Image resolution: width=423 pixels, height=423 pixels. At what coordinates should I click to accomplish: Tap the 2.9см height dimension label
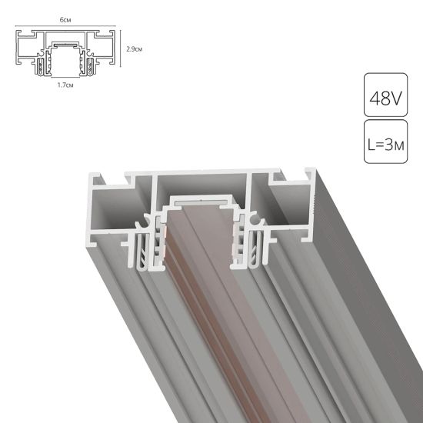(132, 49)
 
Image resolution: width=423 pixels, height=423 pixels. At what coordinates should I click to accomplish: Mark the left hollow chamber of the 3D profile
(113, 209)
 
